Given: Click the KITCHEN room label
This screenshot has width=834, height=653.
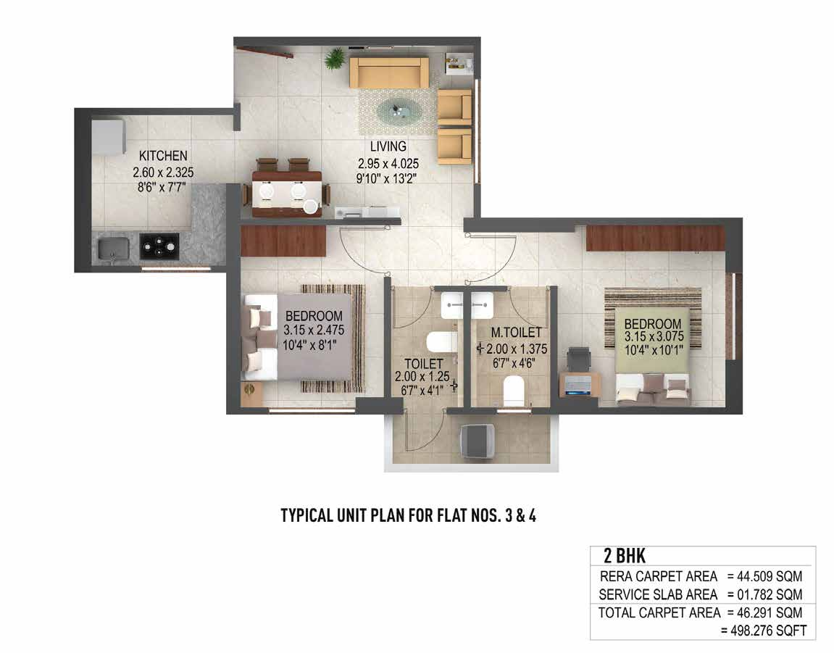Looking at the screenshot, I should coord(163,156).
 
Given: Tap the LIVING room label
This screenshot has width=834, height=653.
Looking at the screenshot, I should coord(388,147).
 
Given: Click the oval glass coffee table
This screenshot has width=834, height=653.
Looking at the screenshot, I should coord(396,111).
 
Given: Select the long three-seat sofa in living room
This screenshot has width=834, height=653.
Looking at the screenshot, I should coord(388,72).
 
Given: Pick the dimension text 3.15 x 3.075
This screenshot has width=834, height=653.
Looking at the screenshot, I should coord(653,336).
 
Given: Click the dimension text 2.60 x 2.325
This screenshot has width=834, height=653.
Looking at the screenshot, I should coord(163,172).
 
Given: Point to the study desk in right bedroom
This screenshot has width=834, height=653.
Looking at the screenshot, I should coord(578,383).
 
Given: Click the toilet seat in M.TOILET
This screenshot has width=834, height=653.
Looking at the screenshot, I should coord(513,389).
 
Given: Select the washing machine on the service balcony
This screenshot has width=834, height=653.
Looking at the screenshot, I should coord(478,440).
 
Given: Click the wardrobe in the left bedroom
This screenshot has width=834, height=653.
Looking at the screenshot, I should coord(283,241).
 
